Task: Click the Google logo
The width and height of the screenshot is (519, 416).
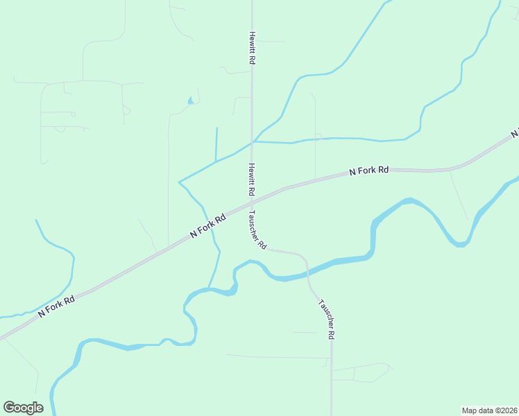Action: point(23,408)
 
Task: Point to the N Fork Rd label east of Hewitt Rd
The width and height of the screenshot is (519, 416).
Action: point(368,170)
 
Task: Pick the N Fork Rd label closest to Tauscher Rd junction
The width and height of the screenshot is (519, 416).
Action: point(208,227)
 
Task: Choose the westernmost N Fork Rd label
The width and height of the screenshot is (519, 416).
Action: point(56,307)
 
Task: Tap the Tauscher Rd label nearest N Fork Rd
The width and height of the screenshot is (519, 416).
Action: point(257,230)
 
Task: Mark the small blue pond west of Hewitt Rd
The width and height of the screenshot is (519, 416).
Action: point(190,102)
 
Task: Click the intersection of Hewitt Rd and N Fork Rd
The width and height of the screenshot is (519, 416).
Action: point(251,203)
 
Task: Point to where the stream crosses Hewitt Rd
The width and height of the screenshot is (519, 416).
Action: point(252,141)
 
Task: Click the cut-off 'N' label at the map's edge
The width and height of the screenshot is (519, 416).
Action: point(515,132)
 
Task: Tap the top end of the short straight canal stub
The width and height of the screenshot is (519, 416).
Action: point(216,128)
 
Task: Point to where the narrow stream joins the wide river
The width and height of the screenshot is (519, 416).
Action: point(208,288)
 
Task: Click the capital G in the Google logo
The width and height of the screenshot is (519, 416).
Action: point(9,407)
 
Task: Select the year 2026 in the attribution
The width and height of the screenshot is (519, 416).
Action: point(509,410)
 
